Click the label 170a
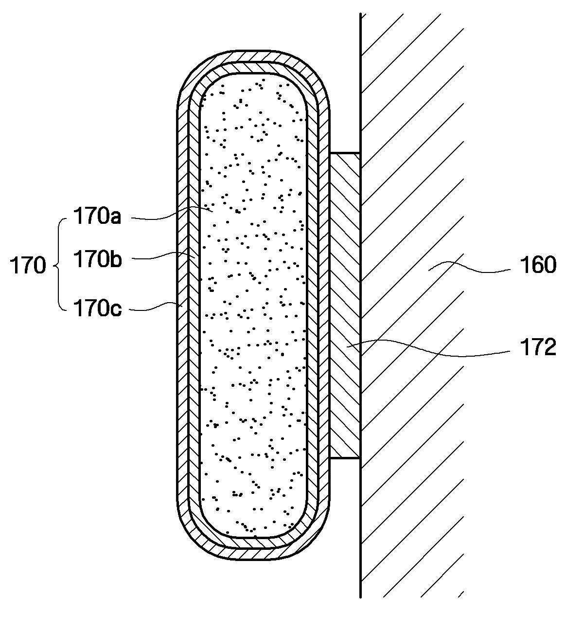[97, 216]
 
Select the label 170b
[97, 259]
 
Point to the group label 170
[28, 266]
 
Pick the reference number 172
[537, 348]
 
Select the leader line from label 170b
[162, 256]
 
